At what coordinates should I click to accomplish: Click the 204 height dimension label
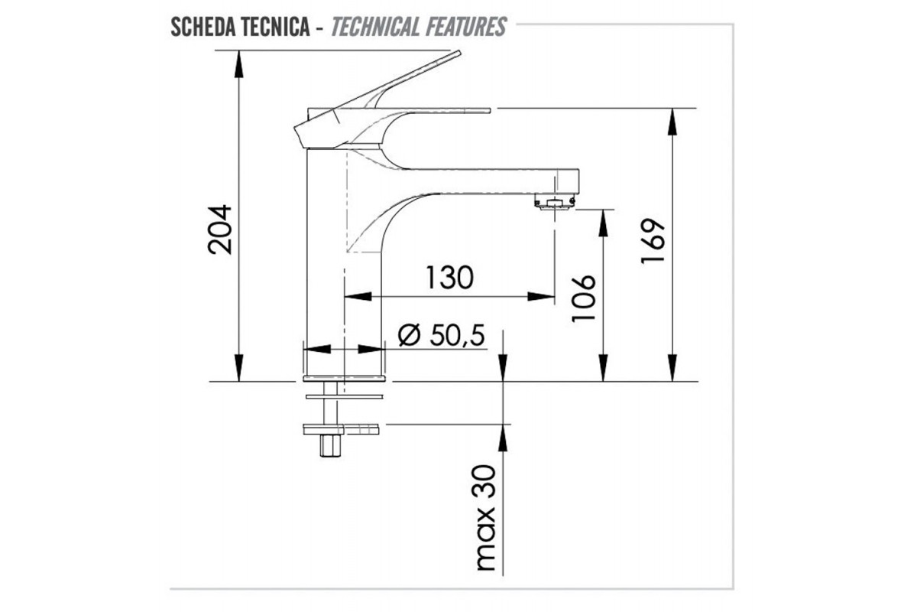[x=220, y=229]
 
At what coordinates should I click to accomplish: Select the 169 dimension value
[x=653, y=241]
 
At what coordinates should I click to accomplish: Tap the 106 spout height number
[x=583, y=298]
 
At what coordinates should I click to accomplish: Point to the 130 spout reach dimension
[x=449, y=278]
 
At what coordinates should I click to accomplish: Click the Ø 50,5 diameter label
[x=442, y=335]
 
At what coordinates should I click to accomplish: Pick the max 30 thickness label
[x=486, y=518]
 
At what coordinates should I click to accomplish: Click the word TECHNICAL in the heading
[x=375, y=27]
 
